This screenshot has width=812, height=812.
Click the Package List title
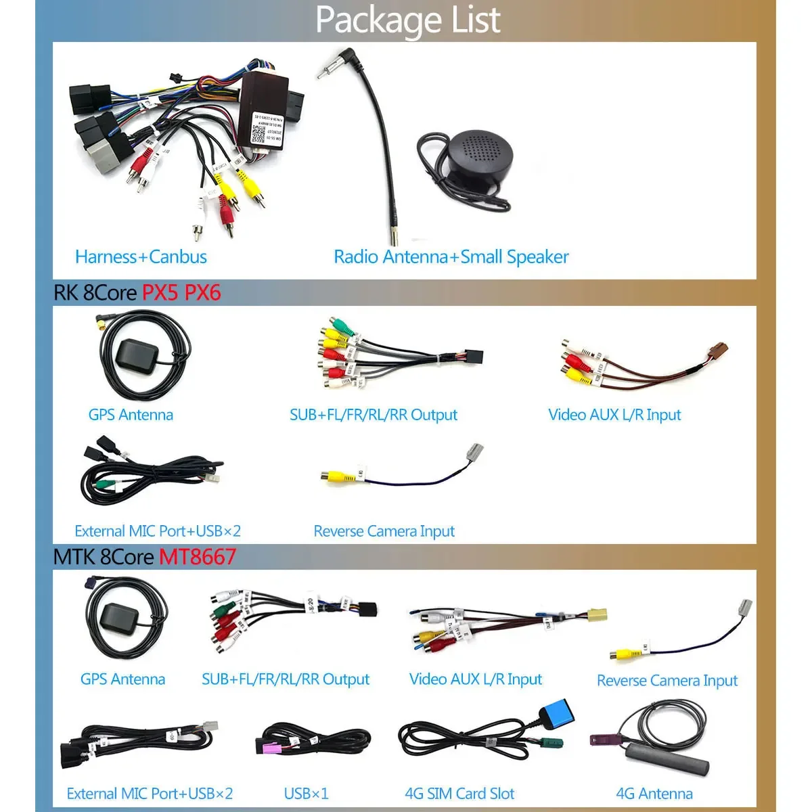coord(407,20)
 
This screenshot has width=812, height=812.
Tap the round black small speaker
coord(477,156)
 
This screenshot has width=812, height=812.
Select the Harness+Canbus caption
coord(141,257)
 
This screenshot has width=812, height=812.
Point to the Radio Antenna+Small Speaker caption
coord(451,257)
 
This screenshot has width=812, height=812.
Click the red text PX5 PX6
coord(181,293)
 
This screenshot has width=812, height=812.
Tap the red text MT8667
coord(198,557)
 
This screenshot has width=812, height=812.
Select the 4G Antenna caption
coord(654,794)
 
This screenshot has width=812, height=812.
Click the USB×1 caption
coord(306,794)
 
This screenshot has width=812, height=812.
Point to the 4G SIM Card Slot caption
coord(459,794)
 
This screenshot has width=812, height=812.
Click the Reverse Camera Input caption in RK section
coord(384,532)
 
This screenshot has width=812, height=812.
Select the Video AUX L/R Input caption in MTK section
coord(475,679)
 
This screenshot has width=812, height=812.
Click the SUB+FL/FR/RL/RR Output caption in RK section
coord(373,415)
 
